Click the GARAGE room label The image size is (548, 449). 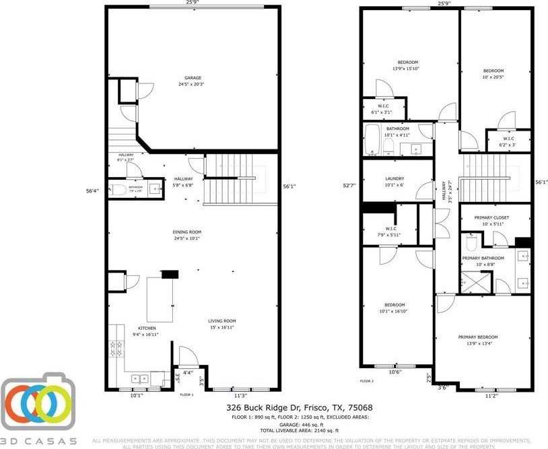pos(192,77)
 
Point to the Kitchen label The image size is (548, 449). pos(147,328)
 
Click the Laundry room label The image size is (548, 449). pos(395,178)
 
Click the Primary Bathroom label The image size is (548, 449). pos(483,258)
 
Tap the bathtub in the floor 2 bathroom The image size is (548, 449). pos(372,140)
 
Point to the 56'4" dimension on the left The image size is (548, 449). pos(92,191)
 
